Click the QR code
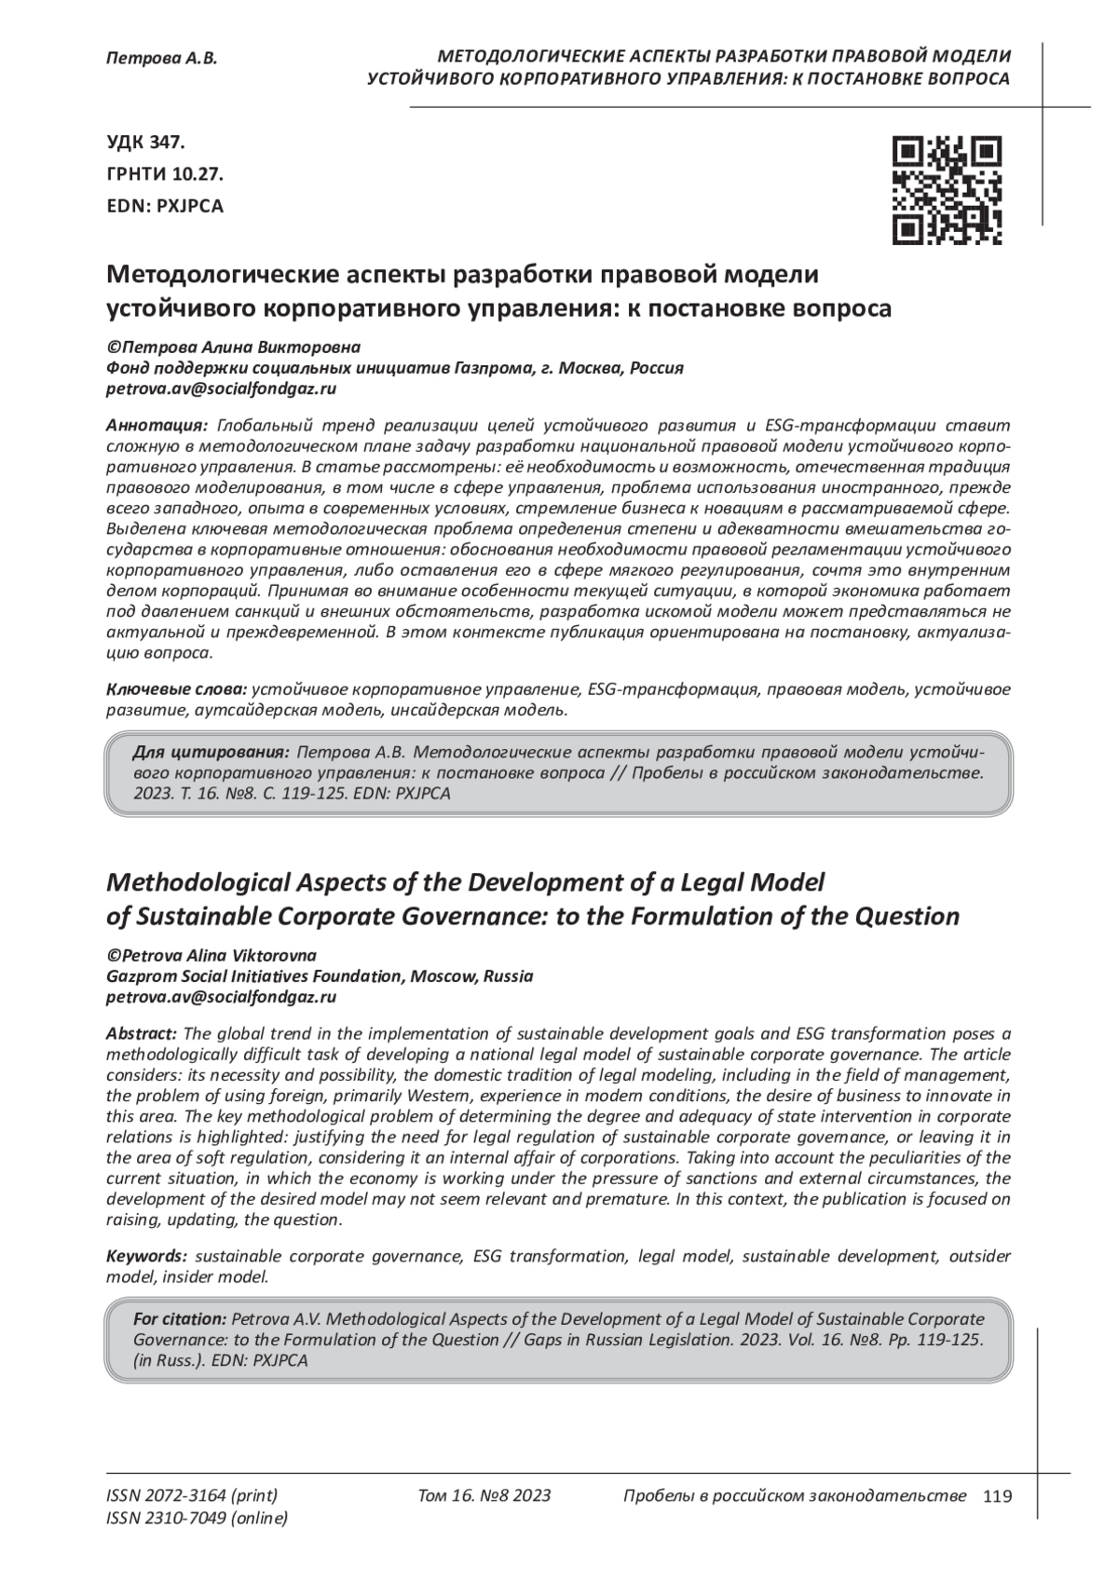[947, 190]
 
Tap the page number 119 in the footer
[997, 1497]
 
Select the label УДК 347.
[146, 143]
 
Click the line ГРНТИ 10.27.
[165, 174]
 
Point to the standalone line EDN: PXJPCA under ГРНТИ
[166, 206]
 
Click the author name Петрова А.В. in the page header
[161, 58]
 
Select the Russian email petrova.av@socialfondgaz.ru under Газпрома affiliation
[222, 388]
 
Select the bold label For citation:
[180, 1318]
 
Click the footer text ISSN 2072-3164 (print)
[192, 1496]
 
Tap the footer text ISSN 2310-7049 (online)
[198, 1519]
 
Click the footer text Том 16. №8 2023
[484, 1496]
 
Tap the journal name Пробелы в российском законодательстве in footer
[794, 1496]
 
